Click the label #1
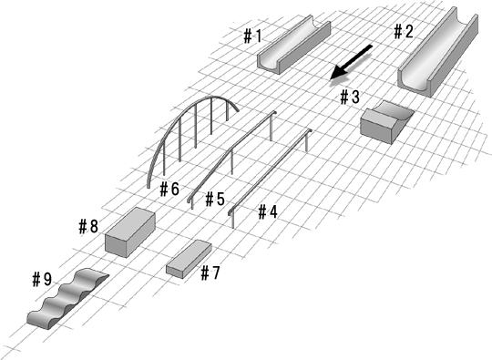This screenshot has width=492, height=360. point(252,36)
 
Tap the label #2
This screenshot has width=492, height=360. point(404,31)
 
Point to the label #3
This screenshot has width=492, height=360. point(350,97)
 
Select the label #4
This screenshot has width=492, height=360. point(268,211)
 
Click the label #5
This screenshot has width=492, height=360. point(215,199)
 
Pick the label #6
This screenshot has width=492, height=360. point(169,190)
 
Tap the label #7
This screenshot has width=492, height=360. point(210,273)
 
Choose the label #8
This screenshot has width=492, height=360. point(88,226)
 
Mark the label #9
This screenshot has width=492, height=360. point(42,279)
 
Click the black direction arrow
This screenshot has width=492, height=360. point(351,62)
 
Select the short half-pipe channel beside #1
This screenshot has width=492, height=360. point(294,45)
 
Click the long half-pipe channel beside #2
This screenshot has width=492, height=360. point(438,52)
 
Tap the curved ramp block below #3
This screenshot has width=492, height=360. point(386,122)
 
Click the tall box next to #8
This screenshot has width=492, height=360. point(130,231)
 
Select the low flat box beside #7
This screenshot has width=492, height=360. point(189,259)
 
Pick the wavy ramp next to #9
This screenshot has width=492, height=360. point(67,299)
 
